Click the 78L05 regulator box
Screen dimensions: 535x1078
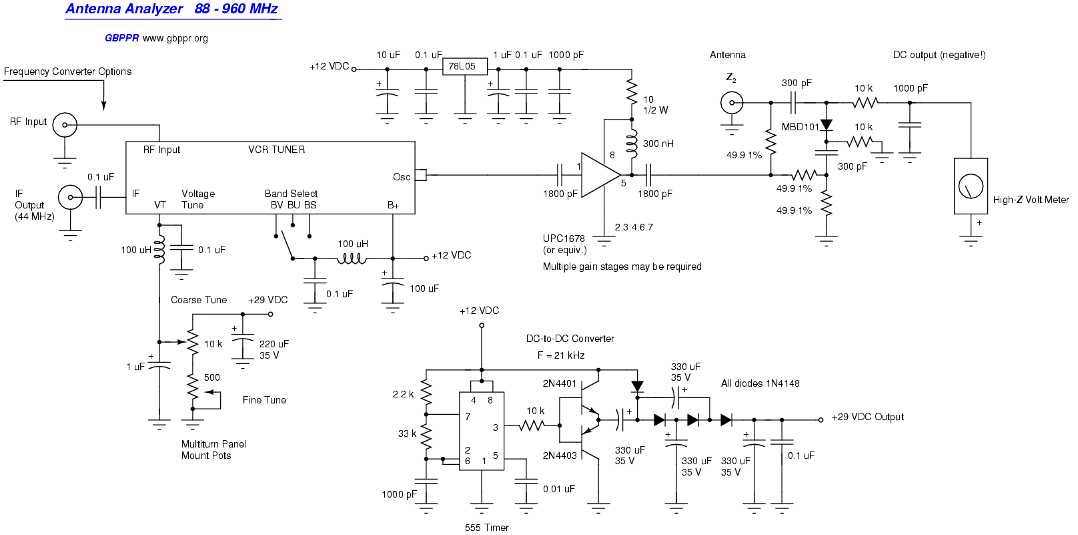coord(464,66)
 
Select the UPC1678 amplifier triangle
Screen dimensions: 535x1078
coord(599,175)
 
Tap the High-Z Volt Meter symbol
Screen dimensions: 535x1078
coord(971,186)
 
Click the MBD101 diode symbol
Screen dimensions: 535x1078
coord(827,126)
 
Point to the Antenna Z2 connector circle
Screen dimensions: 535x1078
coord(732,103)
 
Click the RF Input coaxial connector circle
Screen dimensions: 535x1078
coord(65,124)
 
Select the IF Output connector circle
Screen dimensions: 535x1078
coord(70,197)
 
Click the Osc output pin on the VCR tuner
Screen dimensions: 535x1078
coord(420,175)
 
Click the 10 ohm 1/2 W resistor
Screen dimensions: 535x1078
coord(631,92)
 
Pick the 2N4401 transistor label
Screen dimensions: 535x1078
coord(559,383)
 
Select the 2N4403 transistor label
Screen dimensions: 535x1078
coord(559,456)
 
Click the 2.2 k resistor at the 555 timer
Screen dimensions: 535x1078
coord(427,394)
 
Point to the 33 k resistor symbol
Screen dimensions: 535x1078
coord(427,435)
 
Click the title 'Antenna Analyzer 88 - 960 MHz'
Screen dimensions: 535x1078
coord(171,9)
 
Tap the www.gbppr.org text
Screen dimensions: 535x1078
coord(175,38)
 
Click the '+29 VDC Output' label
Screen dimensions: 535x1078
coord(867,417)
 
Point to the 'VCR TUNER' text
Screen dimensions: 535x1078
coord(276,150)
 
